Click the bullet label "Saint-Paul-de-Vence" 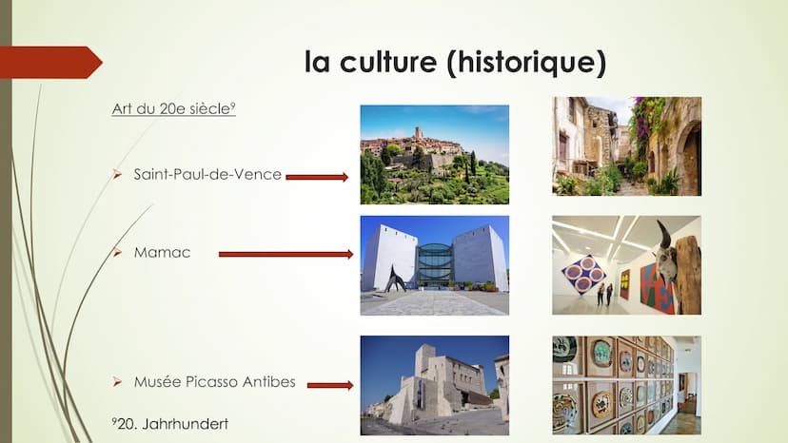click(207, 174)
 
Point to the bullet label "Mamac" click(162, 252)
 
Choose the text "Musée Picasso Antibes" click(214, 382)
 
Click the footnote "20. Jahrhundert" click(170, 424)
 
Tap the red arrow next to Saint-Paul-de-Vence click(317, 177)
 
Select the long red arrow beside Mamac click(286, 254)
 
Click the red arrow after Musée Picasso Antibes click(330, 385)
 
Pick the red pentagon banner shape click(51, 63)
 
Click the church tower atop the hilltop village click(419, 134)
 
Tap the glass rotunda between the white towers click(434, 264)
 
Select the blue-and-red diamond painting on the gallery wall click(584, 274)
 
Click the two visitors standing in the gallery click(604, 295)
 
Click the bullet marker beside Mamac click(118, 252)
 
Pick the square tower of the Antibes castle click(424, 360)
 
